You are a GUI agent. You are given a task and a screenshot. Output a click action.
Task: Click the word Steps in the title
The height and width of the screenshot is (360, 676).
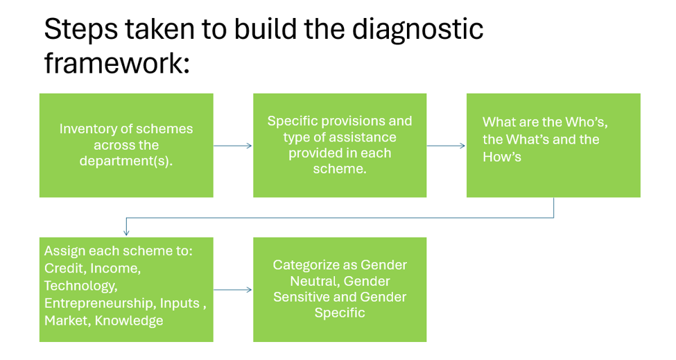(x=80, y=30)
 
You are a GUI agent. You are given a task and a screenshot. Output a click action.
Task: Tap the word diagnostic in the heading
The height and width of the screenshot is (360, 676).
(x=418, y=30)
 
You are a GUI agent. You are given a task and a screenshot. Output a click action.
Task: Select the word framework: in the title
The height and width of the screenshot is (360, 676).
(x=117, y=63)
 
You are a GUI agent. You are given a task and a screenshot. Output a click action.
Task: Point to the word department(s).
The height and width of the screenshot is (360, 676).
(x=126, y=161)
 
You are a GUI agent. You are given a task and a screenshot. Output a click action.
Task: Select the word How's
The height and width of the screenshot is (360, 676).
(x=502, y=157)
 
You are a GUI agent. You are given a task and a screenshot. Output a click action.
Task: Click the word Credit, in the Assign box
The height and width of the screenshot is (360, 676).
(x=66, y=268)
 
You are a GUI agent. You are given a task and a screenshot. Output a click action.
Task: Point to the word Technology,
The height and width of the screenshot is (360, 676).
(x=80, y=286)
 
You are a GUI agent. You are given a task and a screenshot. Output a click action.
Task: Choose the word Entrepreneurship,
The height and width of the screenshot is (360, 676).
(x=101, y=303)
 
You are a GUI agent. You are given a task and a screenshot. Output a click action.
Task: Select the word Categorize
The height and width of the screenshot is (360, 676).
(x=303, y=265)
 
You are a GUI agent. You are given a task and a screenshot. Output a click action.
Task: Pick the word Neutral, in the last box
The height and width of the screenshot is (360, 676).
(x=315, y=281)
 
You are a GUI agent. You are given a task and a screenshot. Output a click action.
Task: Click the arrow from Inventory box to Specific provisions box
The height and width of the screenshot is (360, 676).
(x=233, y=146)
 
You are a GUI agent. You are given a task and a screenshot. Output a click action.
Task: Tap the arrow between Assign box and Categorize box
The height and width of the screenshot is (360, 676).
(x=233, y=290)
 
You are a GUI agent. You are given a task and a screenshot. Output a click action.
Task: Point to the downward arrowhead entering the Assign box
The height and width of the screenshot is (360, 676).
(x=126, y=233)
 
